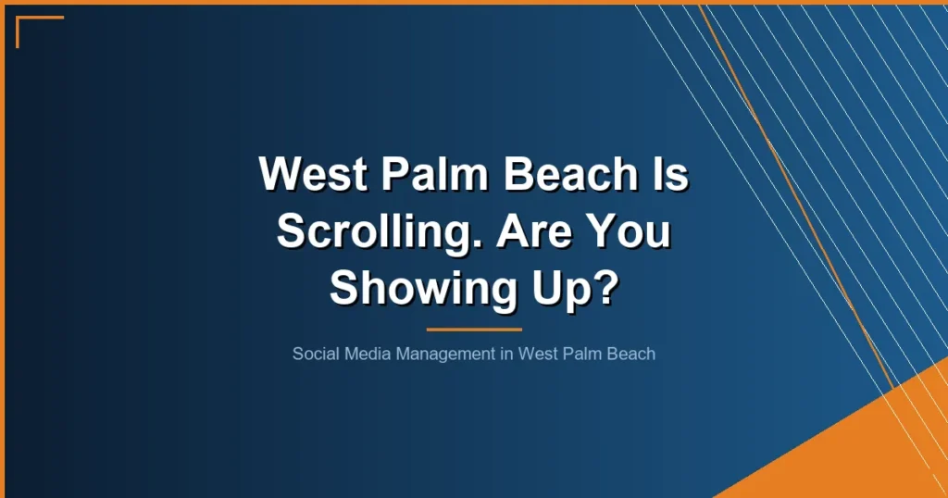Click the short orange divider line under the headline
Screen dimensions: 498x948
pos(474,329)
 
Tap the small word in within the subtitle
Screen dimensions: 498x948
pos(507,354)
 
